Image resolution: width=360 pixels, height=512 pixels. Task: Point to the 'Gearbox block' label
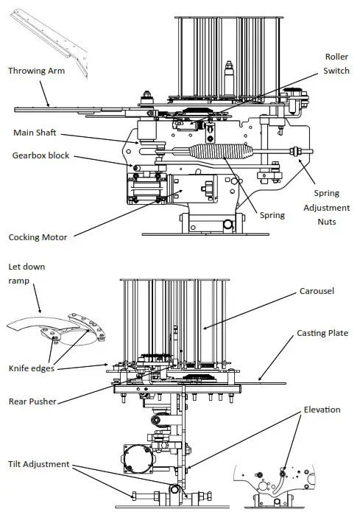coord(41,155)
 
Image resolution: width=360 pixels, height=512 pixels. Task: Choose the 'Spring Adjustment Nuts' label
coord(328,207)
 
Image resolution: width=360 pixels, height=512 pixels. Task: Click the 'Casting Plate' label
coord(321,334)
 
